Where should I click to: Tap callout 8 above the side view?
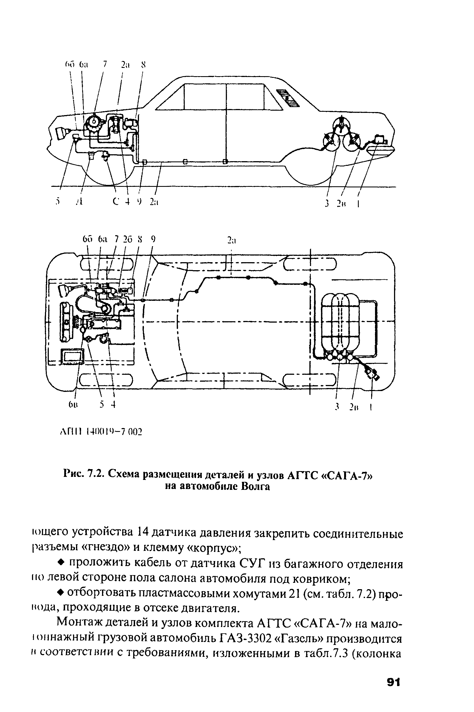tap(144, 64)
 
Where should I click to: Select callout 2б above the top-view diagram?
tap(128, 239)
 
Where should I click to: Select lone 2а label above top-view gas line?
tap(232, 240)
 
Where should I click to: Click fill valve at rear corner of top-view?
tap(373, 373)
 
